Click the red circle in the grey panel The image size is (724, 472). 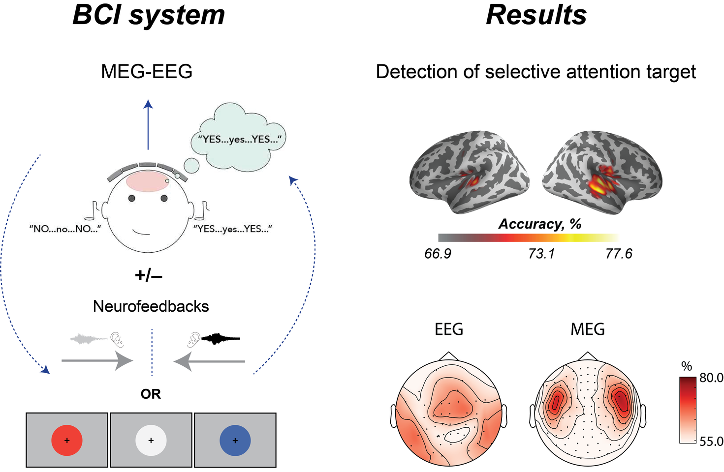[x=67, y=441]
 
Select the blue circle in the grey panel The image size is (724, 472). [x=235, y=441]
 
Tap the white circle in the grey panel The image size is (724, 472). [x=151, y=441]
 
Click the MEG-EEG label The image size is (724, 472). [x=147, y=72]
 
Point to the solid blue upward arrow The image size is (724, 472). [x=148, y=125]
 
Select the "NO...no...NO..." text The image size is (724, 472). [x=65, y=229]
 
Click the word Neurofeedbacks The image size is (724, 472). [x=151, y=306]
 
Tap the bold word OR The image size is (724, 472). [x=151, y=394]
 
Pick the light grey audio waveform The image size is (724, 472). [x=89, y=338]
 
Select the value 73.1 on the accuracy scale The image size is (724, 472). [x=541, y=254]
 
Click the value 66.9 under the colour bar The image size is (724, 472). [x=438, y=254]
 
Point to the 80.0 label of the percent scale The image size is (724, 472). [x=711, y=378]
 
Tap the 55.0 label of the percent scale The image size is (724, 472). [x=711, y=442]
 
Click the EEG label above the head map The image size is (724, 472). [x=449, y=329]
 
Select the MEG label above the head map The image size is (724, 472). [x=587, y=329]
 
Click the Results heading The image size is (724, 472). [x=536, y=15]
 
